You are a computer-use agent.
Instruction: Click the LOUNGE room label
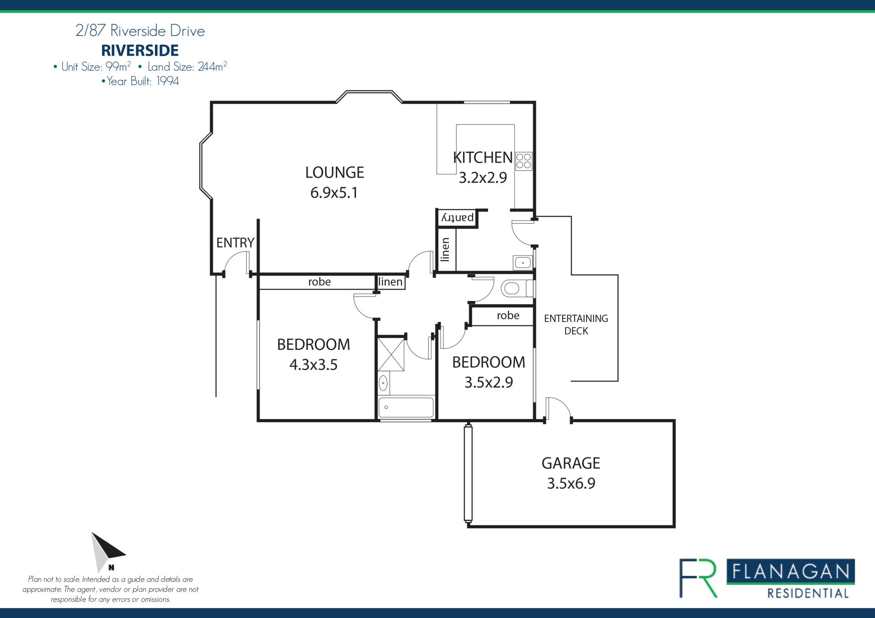(x=335, y=173)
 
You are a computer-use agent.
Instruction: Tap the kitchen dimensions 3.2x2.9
(x=483, y=178)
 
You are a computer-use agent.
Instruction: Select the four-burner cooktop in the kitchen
(x=524, y=161)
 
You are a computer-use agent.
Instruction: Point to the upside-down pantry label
(x=458, y=218)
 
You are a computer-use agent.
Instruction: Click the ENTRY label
(x=235, y=243)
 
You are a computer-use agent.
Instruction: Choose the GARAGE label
(x=571, y=463)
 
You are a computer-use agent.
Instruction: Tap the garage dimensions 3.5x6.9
(x=571, y=483)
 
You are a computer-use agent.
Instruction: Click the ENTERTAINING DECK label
(x=576, y=325)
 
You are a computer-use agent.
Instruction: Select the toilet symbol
(x=517, y=288)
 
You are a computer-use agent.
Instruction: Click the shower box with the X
(x=391, y=355)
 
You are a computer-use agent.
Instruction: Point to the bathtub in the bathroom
(x=406, y=407)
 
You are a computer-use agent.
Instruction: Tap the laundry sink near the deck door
(x=523, y=263)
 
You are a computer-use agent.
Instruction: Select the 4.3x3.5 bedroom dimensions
(x=314, y=365)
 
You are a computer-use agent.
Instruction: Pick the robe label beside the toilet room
(x=508, y=315)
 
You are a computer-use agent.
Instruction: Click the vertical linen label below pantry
(x=445, y=250)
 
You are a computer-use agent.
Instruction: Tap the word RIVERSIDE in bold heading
(x=140, y=51)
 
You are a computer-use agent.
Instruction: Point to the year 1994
(x=168, y=81)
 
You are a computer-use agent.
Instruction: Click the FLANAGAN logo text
(x=791, y=572)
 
